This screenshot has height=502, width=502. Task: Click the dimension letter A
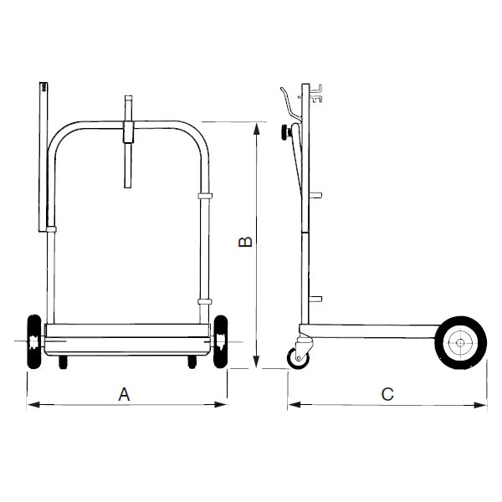pyautogui.click(x=124, y=394)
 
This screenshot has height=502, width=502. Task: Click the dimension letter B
pyautogui.click(x=245, y=242)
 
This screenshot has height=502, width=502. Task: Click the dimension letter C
pyautogui.click(x=387, y=394)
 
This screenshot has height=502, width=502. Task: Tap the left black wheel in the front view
pyautogui.click(x=34, y=341)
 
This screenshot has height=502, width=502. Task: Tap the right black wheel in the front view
pyautogui.click(x=221, y=341)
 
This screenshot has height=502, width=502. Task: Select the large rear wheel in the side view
pyautogui.click(x=460, y=343)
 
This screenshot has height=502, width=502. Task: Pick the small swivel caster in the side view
pyautogui.click(x=299, y=358)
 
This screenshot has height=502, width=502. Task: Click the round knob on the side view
pyautogui.click(x=284, y=132)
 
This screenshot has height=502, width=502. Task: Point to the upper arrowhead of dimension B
pyautogui.click(x=256, y=129)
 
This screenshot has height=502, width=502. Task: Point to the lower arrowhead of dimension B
pyautogui.click(x=256, y=361)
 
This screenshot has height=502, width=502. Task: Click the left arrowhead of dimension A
pyautogui.click(x=33, y=405)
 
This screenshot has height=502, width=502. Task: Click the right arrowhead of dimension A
pyautogui.click(x=221, y=405)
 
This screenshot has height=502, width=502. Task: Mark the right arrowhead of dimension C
pyautogui.click(x=480, y=405)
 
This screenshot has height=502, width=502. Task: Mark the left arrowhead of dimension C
pyautogui.click(x=295, y=405)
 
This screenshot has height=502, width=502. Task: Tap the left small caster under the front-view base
pyautogui.click(x=64, y=361)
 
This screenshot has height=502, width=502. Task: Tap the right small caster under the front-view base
pyautogui.click(x=192, y=361)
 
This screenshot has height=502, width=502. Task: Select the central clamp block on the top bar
pyautogui.click(x=128, y=132)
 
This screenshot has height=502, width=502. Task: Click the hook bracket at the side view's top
pyautogui.click(x=316, y=94)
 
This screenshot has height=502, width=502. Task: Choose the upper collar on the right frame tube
pyautogui.click(x=205, y=196)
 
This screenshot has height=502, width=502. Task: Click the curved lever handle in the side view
pyautogui.click(x=290, y=105)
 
